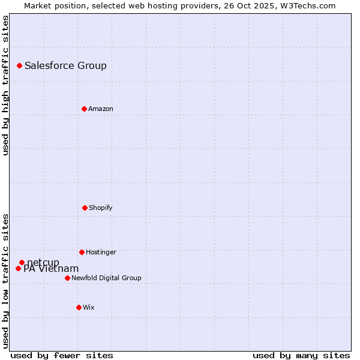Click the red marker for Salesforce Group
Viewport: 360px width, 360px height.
(19, 65)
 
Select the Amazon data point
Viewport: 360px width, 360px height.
(84, 109)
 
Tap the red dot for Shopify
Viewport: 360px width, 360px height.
(85, 208)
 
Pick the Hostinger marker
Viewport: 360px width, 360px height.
(82, 252)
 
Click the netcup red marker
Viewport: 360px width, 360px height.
(22, 262)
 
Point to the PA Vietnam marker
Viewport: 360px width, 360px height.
(18, 268)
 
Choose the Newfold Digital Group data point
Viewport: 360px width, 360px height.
(67, 278)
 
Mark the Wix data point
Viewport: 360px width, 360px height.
(79, 307)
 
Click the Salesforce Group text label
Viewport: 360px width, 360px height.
(65, 66)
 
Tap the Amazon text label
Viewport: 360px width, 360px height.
(100, 109)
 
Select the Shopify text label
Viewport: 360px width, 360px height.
(100, 208)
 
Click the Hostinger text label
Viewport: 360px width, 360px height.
(101, 252)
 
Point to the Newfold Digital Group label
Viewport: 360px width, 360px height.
(106, 278)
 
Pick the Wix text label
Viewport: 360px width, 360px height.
(89, 307)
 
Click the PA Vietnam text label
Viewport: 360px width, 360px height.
(51, 269)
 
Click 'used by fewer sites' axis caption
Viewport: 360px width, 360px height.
(62, 355)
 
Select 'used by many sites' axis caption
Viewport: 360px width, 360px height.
(301, 355)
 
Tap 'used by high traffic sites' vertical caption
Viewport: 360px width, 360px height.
(5, 85)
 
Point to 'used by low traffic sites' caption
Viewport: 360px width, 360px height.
(5, 280)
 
